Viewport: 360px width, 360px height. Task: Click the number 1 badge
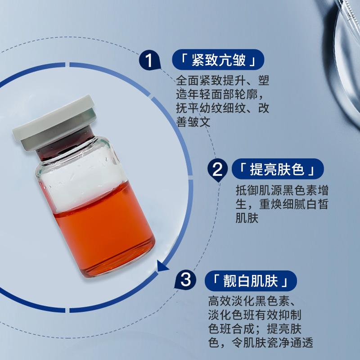(x=149, y=60)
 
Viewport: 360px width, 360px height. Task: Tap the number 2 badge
(x=217, y=170)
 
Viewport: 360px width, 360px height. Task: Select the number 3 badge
(x=185, y=279)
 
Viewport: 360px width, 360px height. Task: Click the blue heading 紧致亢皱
(x=218, y=60)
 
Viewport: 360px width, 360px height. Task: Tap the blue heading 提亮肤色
(x=278, y=169)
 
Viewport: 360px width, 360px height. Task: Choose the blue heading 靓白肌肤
(x=251, y=281)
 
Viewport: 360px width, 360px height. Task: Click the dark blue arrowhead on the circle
(x=162, y=266)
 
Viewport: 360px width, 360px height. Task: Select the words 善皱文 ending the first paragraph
(x=193, y=121)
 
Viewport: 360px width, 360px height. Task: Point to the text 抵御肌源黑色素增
(x=282, y=190)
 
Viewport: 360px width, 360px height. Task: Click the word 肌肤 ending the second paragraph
(x=247, y=218)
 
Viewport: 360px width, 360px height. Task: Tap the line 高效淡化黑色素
(x=249, y=301)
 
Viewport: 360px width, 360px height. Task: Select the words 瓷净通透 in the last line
(x=290, y=342)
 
